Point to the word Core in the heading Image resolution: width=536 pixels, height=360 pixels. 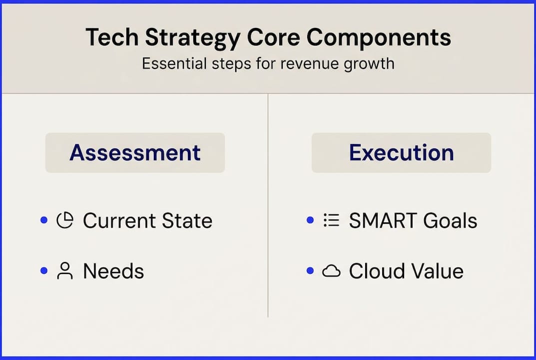click(280, 38)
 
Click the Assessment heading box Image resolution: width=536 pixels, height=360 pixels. click(135, 152)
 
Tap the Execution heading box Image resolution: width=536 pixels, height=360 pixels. click(401, 152)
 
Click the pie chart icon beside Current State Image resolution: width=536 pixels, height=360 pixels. click(64, 220)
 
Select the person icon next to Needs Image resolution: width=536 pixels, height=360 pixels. click(64, 271)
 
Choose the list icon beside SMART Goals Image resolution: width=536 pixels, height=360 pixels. click(331, 220)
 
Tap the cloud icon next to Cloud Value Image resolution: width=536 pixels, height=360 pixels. click(331, 271)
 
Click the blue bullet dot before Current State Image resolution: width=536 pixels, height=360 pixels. click(44, 220)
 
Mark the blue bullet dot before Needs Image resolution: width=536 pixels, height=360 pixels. click(44, 271)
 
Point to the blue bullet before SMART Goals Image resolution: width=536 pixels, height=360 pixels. click(310, 220)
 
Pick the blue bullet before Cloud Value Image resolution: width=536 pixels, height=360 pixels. click(310, 271)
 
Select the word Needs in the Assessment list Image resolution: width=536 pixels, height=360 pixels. click(113, 271)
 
